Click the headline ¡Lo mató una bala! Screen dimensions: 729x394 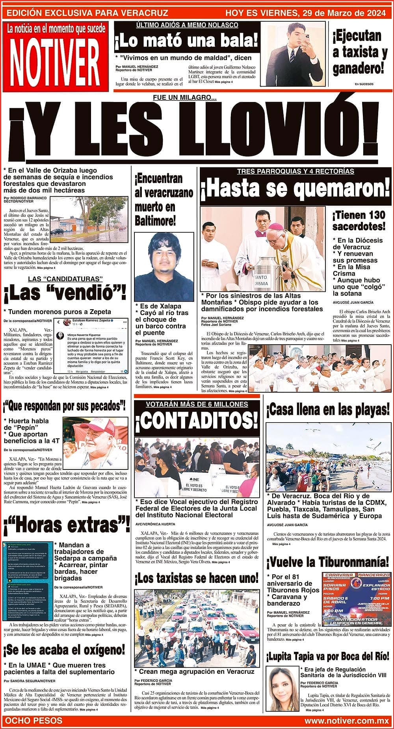(x=187, y=41)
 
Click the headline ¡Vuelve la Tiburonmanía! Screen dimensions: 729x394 (x=328, y=561)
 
